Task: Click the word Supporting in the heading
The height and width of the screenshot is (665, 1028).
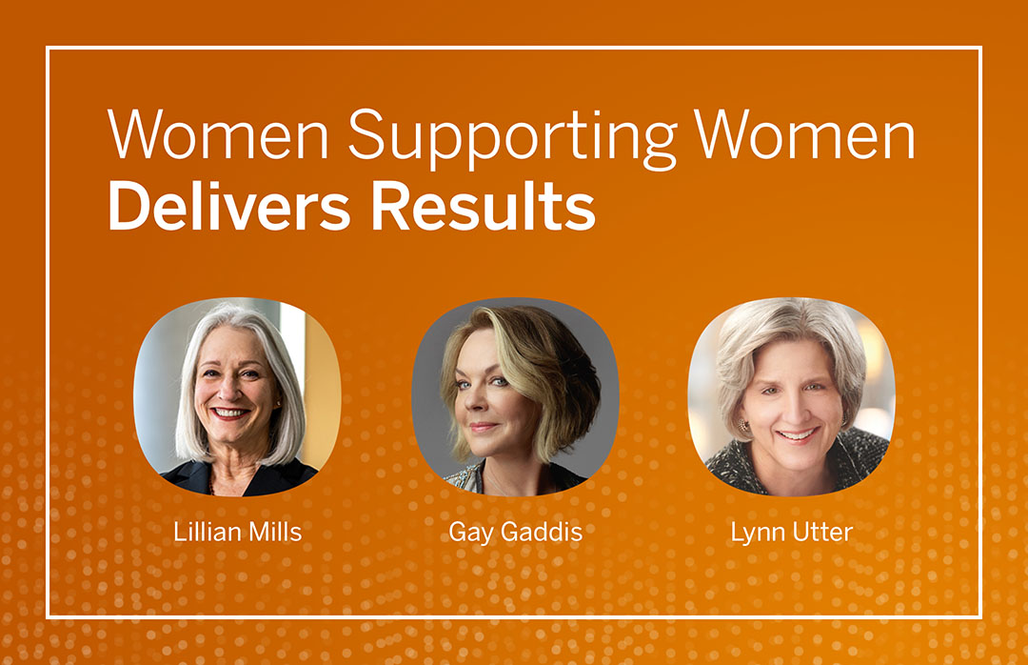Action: pos(512,138)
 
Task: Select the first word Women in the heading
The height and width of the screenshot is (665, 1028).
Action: pos(218,134)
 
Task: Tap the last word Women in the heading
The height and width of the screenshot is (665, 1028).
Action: pos(804,134)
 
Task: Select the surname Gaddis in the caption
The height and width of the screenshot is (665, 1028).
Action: pos(542,532)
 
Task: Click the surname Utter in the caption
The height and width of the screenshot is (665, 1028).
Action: pos(822,532)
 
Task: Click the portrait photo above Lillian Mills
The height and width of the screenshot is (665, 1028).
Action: pos(237,396)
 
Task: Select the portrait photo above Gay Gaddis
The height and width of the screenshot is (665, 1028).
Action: pos(515,396)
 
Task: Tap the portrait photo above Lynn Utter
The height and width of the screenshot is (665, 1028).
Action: pos(792,396)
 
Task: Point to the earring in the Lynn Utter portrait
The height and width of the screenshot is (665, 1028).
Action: pos(742,426)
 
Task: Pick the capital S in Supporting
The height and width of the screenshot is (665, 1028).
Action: pos(366,134)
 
